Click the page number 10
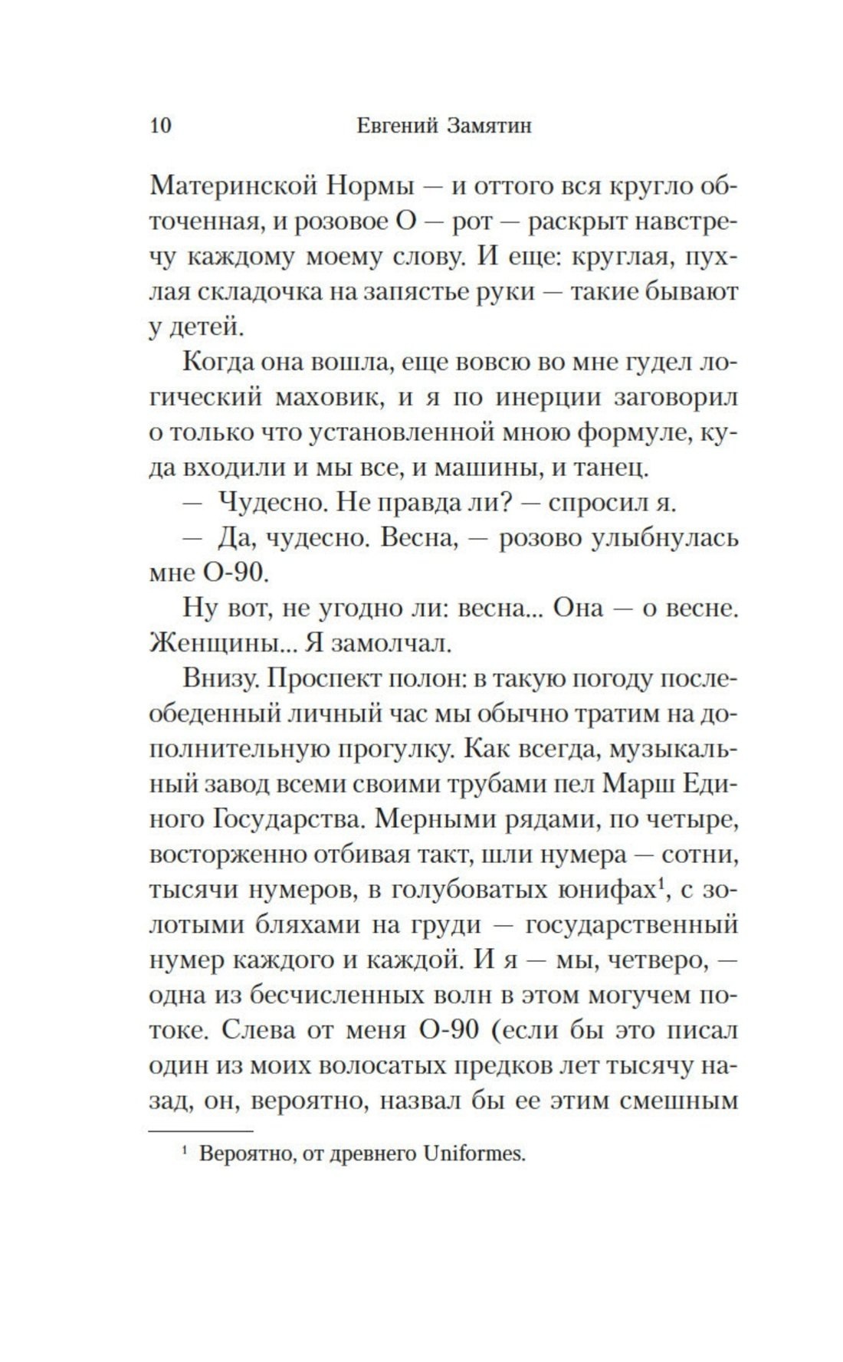point(161,125)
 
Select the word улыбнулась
point(664,538)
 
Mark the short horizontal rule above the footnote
point(200,1131)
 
